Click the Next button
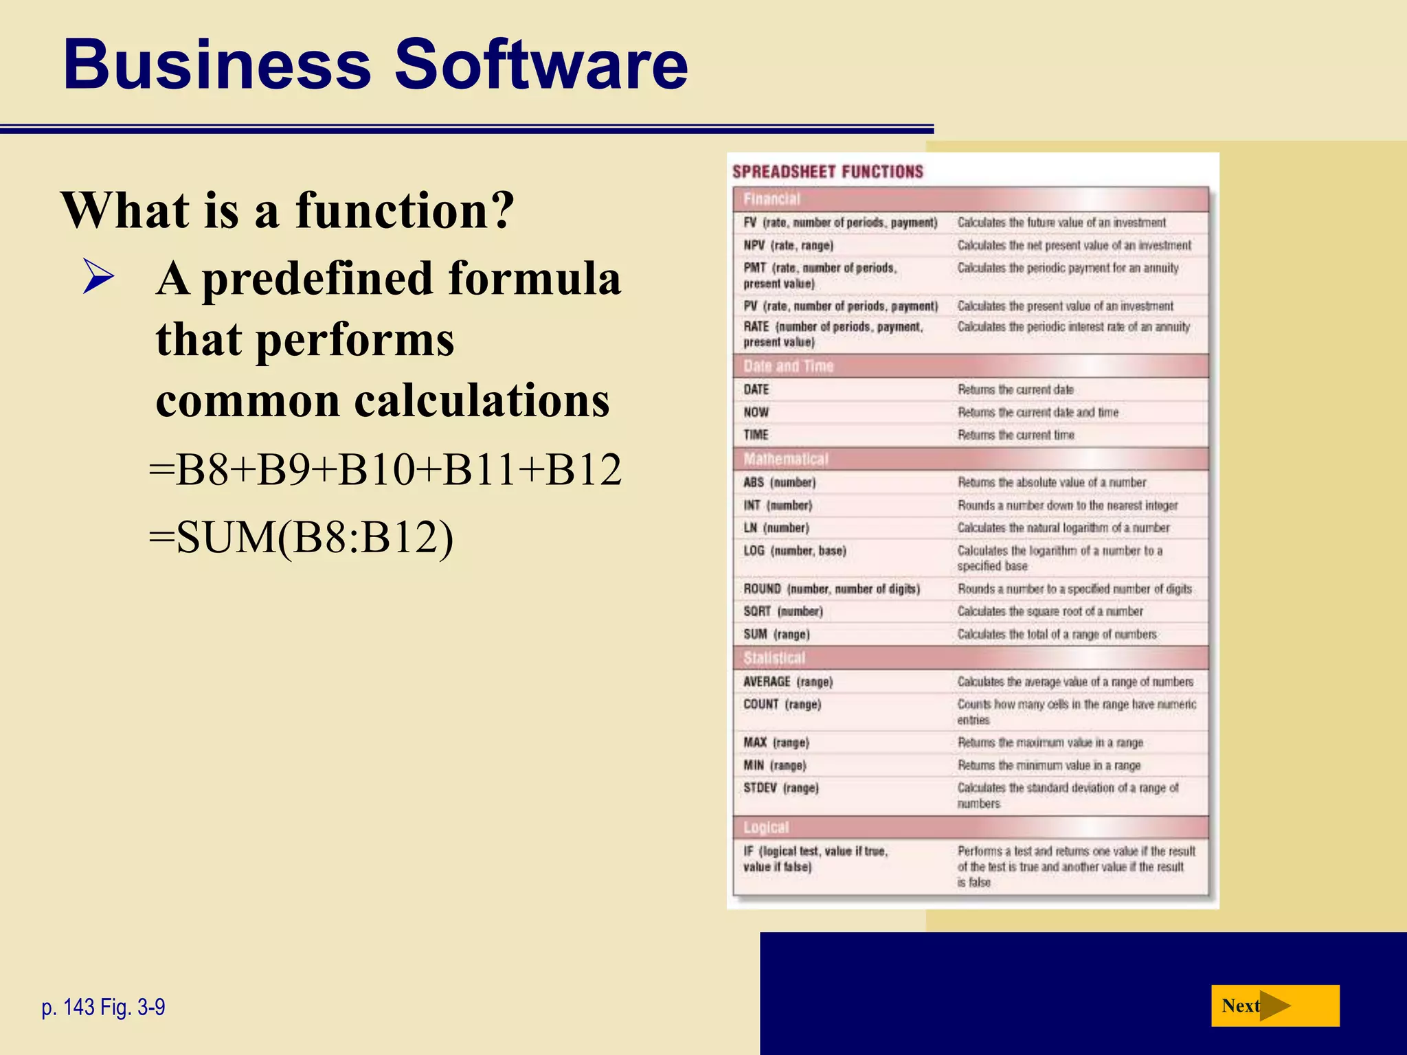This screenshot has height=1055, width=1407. (x=1274, y=1006)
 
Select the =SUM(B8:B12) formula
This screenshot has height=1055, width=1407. (x=301, y=538)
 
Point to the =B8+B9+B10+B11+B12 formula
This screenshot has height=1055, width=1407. (x=385, y=470)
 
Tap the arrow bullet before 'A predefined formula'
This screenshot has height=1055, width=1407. (x=98, y=277)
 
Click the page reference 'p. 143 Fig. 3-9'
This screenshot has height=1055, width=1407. (x=103, y=1007)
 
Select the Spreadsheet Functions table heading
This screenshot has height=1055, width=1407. (x=827, y=172)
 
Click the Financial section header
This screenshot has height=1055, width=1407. (x=772, y=199)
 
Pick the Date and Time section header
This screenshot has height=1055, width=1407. (x=788, y=366)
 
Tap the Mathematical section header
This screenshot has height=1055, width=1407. (x=785, y=459)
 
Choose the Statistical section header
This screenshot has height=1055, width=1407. (x=774, y=658)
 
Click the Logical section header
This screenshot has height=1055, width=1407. (x=765, y=828)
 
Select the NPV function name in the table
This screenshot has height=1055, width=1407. (x=754, y=245)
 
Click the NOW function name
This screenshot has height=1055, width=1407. (x=756, y=412)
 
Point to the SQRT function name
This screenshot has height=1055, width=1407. (x=757, y=611)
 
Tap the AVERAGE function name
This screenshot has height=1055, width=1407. (x=767, y=681)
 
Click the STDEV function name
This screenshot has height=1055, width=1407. (x=760, y=788)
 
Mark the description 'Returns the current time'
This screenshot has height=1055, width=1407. (x=1015, y=435)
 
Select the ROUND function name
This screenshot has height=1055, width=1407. (x=762, y=589)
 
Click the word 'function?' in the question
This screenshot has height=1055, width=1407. (x=405, y=210)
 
